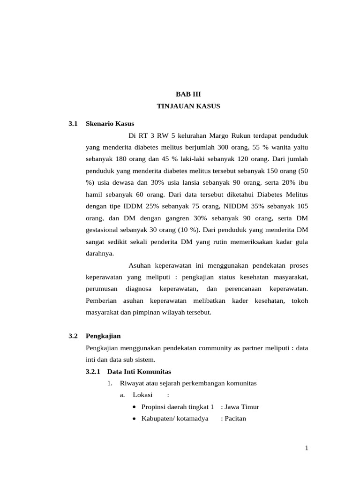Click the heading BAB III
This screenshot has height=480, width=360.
pos(188,94)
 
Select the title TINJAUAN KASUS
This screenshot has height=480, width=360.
pos(188,106)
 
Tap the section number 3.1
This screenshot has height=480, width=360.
pos(73,124)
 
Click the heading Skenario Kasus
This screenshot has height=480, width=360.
pos(110,124)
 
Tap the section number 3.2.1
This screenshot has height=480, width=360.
pos(93,372)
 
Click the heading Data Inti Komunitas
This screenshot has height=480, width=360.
pos(139,372)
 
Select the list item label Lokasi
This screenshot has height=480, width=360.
pos(143,395)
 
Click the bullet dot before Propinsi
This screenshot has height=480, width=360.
pos(135,407)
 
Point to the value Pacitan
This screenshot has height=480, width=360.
pos(235,419)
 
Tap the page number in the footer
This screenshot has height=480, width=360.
pos(307,448)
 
